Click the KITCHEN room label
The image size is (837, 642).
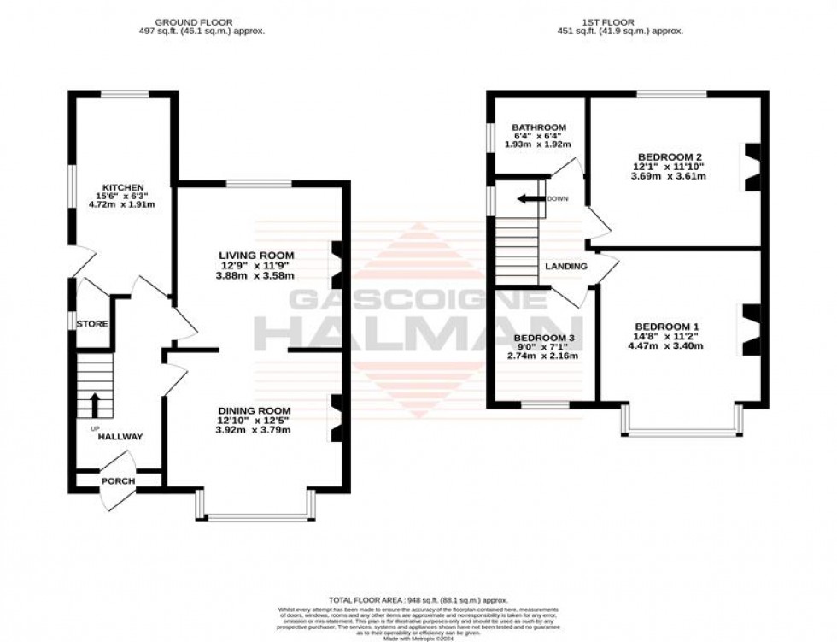(x=123, y=187)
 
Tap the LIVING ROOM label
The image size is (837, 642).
(x=256, y=255)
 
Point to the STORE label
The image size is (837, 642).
(x=91, y=325)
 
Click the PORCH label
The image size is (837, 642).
(x=118, y=481)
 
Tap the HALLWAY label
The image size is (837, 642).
(x=120, y=437)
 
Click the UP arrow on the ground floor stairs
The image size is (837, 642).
(x=94, y=403)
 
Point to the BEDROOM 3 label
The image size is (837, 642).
(x=543, y=339)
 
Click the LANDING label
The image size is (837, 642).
(x=566, y=267)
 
